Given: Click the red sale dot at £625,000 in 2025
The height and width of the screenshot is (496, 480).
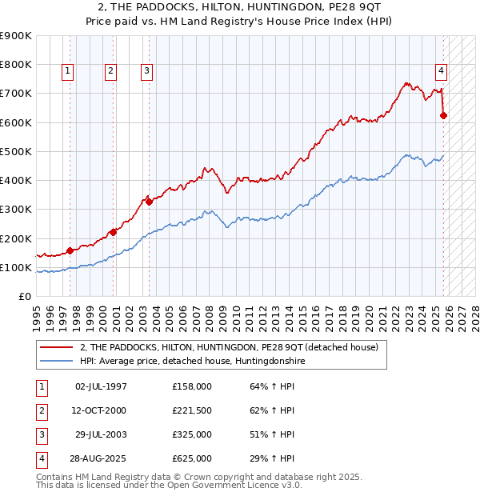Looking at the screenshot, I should point(444,115).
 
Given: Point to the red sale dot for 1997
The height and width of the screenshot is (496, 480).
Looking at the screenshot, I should point(70,250).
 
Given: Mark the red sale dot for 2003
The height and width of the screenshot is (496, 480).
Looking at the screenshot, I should point(149,202).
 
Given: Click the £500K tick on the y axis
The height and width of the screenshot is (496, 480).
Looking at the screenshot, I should point(15,151).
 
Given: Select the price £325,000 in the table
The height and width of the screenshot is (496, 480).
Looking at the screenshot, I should point(192,434).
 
